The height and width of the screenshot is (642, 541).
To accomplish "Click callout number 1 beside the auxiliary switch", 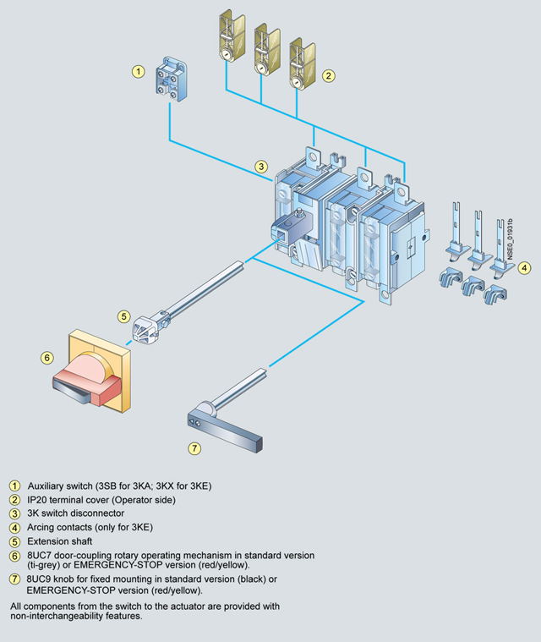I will pos(138,72).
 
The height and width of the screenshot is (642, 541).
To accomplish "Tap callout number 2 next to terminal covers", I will pos(329,75).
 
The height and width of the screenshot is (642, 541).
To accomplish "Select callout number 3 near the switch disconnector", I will pos(262,167).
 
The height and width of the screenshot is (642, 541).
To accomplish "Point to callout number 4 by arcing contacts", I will pos(525,268).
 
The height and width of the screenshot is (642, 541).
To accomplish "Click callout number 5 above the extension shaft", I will pos(123,316).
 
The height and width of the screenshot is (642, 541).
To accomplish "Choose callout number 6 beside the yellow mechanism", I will pos(47,358).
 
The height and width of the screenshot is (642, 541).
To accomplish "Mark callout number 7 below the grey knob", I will pos(194,447).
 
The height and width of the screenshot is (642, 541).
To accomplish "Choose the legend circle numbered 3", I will pos(14,513).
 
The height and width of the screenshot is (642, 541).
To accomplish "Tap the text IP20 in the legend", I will pos(37,500).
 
